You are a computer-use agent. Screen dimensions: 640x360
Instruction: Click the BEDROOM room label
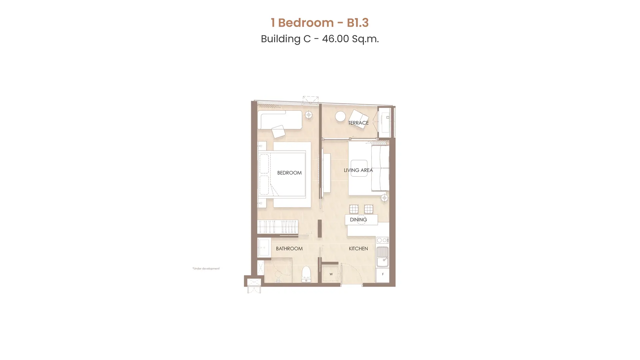[289, 173]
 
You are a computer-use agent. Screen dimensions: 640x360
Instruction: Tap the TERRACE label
[358, 123]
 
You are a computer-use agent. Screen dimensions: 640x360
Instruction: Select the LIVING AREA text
[358, 170]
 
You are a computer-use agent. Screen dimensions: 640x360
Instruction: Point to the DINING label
[358, 219]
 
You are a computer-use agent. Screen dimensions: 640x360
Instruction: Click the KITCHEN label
[358, 248]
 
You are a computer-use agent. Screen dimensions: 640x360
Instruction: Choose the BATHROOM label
[289, 248]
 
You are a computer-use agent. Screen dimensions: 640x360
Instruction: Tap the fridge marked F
[383, 275]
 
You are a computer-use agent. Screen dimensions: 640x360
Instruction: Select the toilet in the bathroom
[306, 274]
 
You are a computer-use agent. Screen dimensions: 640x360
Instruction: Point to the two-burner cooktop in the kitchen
[382, 240]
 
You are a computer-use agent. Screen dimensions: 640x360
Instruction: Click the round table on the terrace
[340, 116]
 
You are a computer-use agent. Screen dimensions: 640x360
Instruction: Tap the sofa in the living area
[380, 168]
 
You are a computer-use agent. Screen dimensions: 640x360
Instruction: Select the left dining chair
[354, 209]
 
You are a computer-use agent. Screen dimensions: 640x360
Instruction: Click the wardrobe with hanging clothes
[277, 227]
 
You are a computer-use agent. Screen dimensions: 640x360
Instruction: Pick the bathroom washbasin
[264, 248]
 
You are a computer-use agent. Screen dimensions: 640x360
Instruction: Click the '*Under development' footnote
[206, 268]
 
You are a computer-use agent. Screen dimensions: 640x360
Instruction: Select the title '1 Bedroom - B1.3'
[320, 23]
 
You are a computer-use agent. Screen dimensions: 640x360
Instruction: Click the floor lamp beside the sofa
[385, 198]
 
